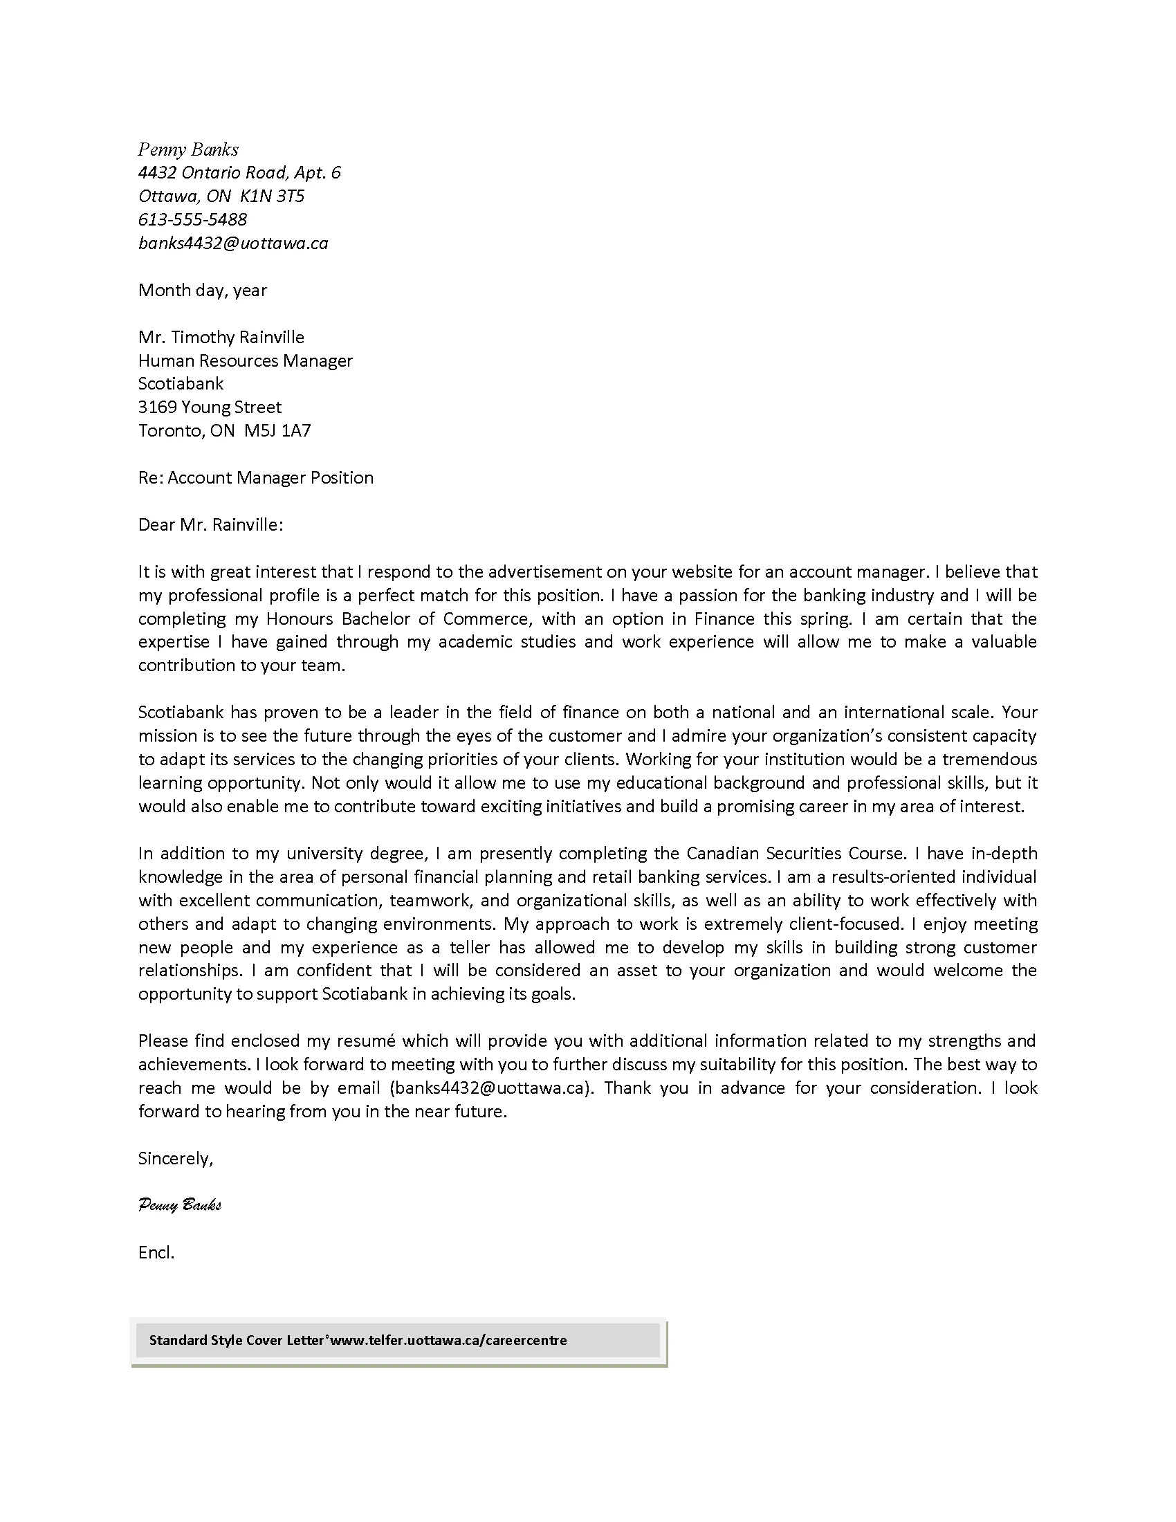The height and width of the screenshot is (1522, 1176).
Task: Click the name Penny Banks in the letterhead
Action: click(188, 149)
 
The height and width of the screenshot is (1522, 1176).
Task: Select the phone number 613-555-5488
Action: click(192, 219)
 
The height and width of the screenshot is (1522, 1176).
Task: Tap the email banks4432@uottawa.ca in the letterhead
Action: click(232, 244)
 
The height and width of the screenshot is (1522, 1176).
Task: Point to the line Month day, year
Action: click(202, 290)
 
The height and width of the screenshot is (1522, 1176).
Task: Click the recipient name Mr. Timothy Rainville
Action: click(221, 338)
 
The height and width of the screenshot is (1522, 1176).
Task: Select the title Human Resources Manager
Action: click(246, 360)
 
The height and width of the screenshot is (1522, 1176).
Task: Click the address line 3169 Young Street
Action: click(210, 407)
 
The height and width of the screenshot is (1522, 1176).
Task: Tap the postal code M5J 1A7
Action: click(277, 431)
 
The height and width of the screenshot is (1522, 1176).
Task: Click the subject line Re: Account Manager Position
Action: click(256, 477)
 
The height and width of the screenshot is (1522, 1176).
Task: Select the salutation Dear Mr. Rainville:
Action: click(210, 525)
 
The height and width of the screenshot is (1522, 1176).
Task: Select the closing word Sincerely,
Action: click(176, 1158)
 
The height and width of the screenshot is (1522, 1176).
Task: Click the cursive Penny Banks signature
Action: click(180, 1205)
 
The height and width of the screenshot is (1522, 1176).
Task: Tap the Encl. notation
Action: click(156, 1252)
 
